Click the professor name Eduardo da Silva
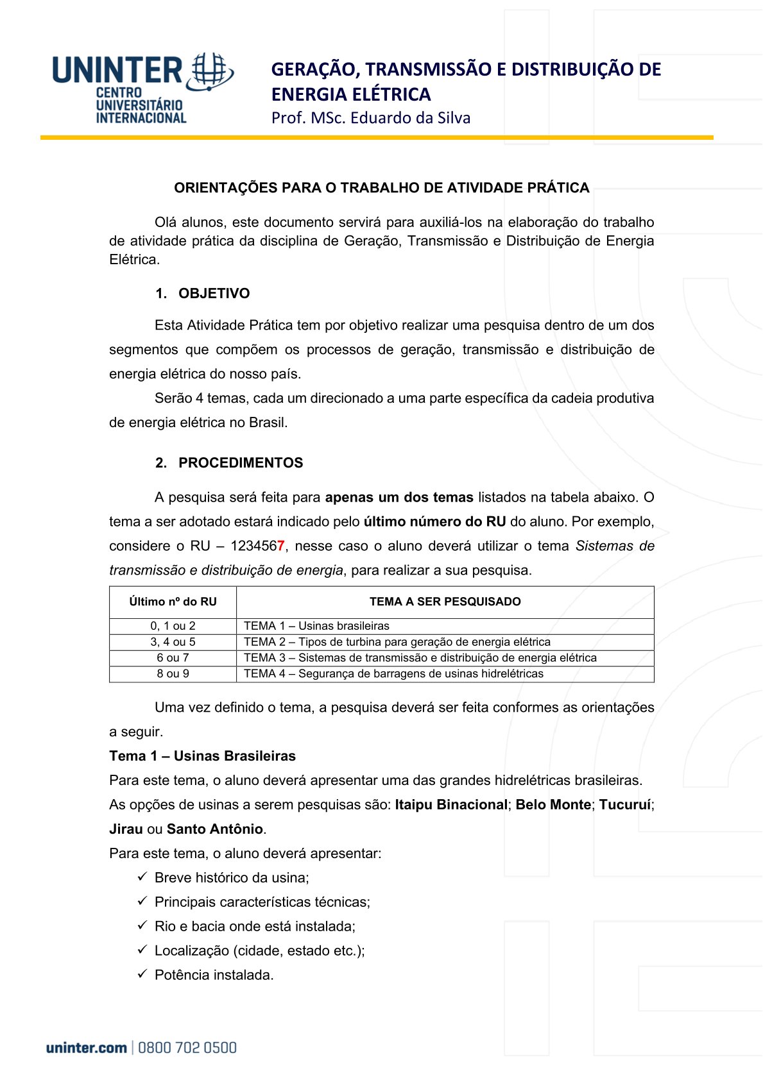(x=411, y=118)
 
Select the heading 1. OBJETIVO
(x=202, y=294)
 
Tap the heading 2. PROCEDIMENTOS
(x=228, y=463)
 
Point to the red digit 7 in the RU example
(x=281, y=546)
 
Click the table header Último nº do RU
(x=173, y=602)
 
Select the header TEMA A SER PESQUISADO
(x=445, y=602)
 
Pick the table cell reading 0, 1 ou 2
(x=173, y=626)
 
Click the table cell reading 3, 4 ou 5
(x=173, y=642)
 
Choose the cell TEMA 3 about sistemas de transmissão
(x=420, y=658)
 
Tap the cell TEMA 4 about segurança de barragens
(x=393, y=674)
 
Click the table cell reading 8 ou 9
(x=173, y=674)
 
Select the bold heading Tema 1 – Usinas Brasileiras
(x=202, y=756)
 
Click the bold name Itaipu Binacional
(x=450, y=805)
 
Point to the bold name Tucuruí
(x=625, y=805)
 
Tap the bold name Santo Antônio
(x=214, y=829)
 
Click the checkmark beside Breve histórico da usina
(x=142, y=877)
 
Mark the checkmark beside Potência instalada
(x=142, y=974)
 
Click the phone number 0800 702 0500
(x=187, y=1048)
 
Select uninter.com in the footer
(x=86, y=1048)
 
